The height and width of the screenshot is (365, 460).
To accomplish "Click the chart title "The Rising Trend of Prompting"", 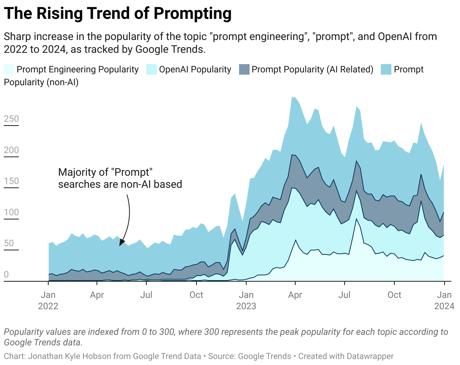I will [118, 14].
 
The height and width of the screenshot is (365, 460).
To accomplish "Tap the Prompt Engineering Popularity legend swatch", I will [9, 69].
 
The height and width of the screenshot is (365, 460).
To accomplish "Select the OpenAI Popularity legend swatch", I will [151, 69].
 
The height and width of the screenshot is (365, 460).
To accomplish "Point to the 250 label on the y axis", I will [11, 119].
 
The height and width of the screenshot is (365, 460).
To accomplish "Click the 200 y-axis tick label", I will [11, 150].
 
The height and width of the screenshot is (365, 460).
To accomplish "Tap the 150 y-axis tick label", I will [11, 181].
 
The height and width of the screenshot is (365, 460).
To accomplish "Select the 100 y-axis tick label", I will [11, 212].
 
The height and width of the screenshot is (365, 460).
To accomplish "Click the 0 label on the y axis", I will [6, 275].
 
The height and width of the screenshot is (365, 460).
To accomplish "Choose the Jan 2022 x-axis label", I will [48, 300].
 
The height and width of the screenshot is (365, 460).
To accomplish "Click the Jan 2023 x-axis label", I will [246, 300].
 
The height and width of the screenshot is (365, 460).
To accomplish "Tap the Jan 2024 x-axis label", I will [444, 300].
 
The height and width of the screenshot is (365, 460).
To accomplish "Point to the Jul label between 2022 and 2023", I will [146, 295].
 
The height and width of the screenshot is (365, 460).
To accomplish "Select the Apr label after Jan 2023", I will [295, 295].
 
